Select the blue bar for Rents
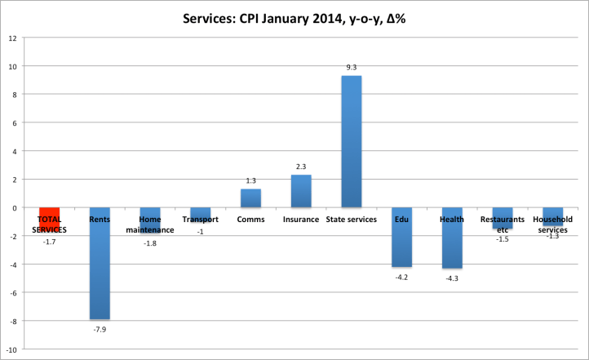coord(100,263)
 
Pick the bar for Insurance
coord(301,191)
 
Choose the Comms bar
coord(250,198)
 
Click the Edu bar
coord(402,238)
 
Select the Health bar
coord(452,238)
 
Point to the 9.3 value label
coord(352,68)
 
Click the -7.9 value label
coord(100,328)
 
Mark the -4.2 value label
coord(402,276)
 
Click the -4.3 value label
coord(452,278)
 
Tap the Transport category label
coord(200,220)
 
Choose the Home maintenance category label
coord(150,224)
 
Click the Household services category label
coord(552,224)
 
